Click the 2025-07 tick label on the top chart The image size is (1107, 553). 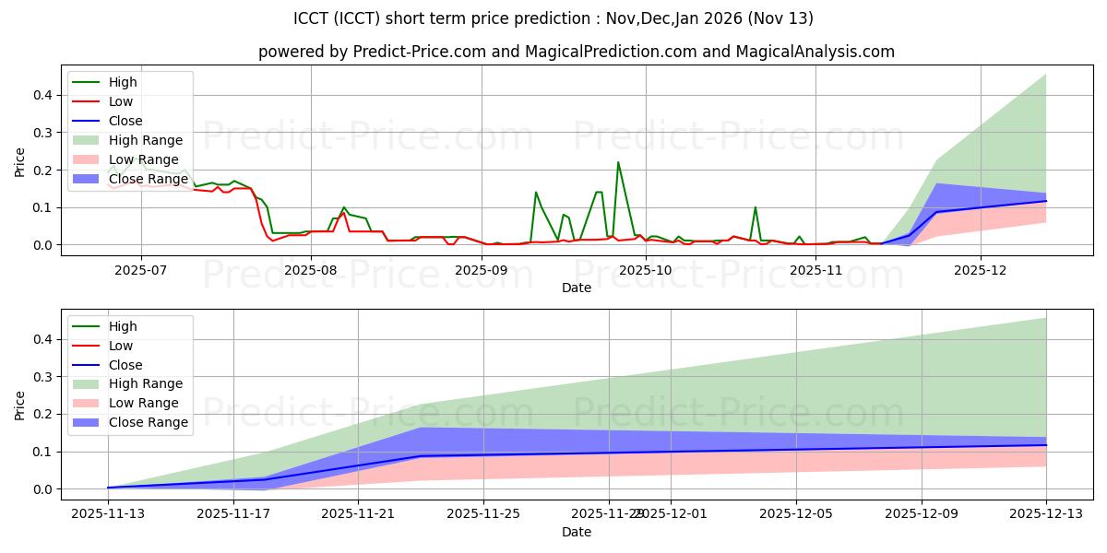pos(140,270)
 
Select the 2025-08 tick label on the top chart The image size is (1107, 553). pos(310,270)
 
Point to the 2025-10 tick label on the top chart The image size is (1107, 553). pos(645,270)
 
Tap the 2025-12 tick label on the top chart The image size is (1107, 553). pos(981,270)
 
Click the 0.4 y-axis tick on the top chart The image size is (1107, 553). pos(42,95)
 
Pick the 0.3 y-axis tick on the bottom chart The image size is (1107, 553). pos(42,377)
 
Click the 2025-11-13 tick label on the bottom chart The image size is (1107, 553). pos(108,514)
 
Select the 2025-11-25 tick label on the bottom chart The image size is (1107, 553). pos(483,514)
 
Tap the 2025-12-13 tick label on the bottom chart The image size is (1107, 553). pos(1046,514)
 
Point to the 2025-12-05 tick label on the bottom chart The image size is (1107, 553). pos(796,514)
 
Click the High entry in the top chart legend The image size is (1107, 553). pos(123,82)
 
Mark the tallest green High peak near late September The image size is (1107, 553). pos(618,163)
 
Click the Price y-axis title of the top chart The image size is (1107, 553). pos(20,162)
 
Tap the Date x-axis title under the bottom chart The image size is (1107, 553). pos(577,532)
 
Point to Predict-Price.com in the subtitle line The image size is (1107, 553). pos(419,52)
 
